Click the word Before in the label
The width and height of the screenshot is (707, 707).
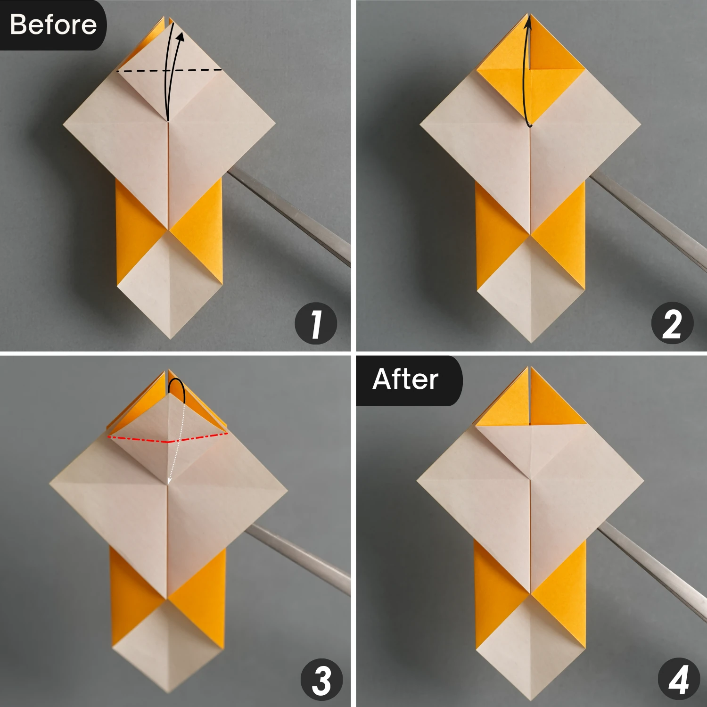coord(53,25)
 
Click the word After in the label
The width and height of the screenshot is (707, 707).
coord(405,379)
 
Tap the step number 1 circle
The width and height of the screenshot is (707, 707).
coord(315,323)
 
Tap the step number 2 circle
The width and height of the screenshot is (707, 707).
coord(672,323)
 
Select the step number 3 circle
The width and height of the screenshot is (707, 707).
coord(321,680)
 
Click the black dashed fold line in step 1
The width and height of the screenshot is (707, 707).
coord(141,71)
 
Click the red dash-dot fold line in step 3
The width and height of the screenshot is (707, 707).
coord(137,439)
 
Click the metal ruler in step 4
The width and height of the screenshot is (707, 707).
coord(655,570)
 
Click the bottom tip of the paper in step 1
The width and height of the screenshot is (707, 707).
coord(170,337)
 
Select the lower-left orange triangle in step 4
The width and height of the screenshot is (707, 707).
coord(495,594)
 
